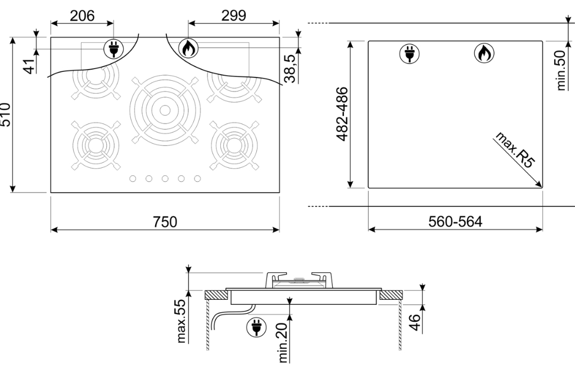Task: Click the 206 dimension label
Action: coord(82,16)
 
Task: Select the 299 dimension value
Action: coord(234,15)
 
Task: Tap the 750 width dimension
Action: coord(165,222)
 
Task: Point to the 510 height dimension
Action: coord(6,115)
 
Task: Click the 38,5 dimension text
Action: coord(289,68)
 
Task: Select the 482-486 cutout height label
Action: coord(342,114)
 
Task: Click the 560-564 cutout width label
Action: coord(455,222)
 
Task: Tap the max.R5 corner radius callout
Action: coord(514,150)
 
